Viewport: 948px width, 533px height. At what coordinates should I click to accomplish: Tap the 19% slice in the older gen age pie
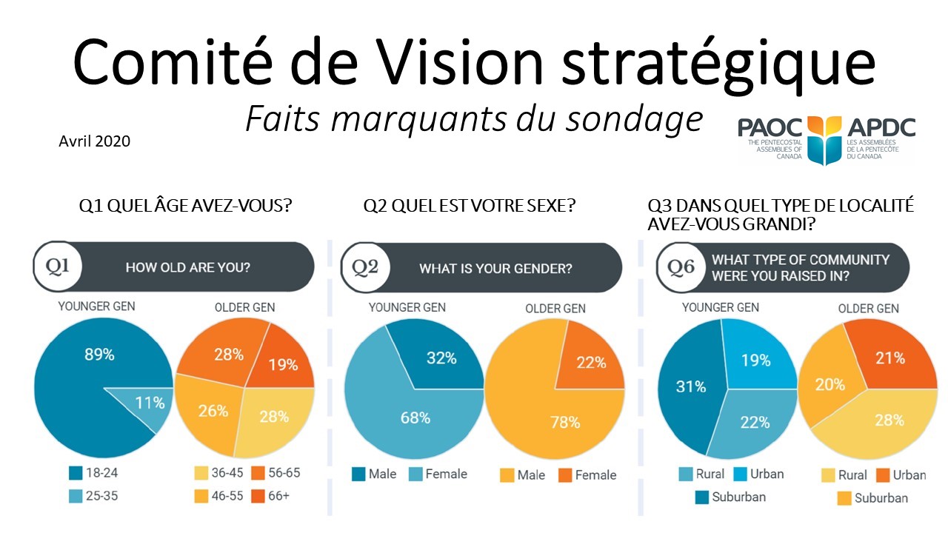pos(282,363)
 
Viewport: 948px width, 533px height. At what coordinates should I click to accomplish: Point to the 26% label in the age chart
pos(213,410)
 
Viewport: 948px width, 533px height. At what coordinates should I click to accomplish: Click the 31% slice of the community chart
pos(691,386)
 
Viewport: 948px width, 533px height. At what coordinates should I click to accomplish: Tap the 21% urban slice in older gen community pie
pos(889,358)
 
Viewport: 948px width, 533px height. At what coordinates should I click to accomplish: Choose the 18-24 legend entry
pos(93,472)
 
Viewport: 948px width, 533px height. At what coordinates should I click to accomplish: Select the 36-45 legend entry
pos(219,472)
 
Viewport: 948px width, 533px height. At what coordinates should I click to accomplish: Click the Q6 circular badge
pos(681,267)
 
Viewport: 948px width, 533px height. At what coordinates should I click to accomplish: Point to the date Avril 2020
pos(94,140)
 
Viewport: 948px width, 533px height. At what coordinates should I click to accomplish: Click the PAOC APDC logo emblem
pos(825,138)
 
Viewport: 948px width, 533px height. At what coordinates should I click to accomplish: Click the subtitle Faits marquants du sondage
pos(473,118)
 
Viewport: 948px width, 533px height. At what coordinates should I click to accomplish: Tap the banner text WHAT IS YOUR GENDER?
pos(495,268)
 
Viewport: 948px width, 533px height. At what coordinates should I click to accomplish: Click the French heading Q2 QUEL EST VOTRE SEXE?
pos(469,206)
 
